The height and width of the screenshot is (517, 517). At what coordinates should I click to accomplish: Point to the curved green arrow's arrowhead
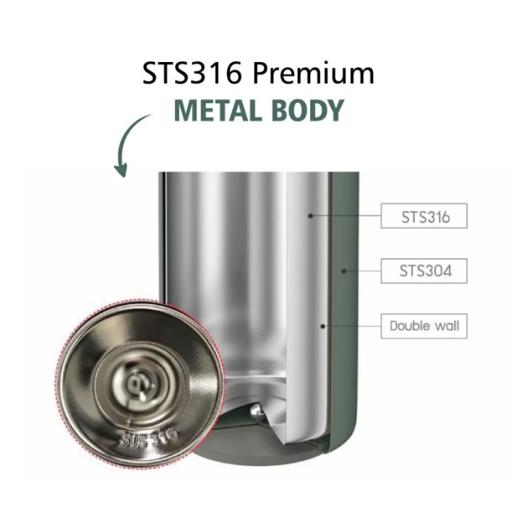point(121,170)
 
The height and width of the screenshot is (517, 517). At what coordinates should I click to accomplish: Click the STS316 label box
point(424,215)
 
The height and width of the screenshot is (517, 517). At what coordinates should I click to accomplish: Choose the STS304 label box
point(424,271)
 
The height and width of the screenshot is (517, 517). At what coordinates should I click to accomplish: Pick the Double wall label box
point(424,326)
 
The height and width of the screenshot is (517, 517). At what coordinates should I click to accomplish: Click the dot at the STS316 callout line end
point(310,215)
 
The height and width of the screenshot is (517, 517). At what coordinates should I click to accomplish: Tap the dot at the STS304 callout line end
point(344,271)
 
